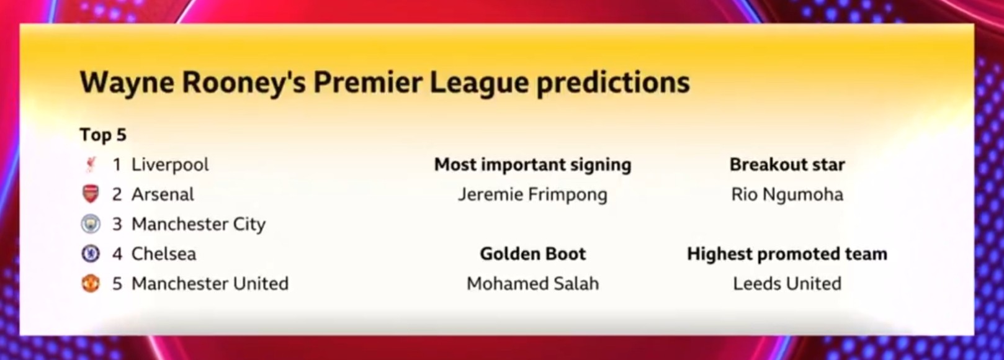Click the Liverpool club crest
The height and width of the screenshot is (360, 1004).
click(x=91, y=164)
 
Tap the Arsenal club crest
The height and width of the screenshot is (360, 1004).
click(x=91, y=194)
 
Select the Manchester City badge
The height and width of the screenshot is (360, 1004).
click(x=91, y=223)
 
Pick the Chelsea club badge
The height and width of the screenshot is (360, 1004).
click(x=91, y=254)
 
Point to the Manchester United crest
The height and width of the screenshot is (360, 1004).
click(x=91, y=283)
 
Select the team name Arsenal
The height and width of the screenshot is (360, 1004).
click(x=163, y=194)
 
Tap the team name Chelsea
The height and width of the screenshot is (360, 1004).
click(x=164, y=254)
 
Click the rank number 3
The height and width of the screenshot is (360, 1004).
click(x=117, y=224)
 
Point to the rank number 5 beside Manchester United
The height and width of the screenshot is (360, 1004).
click(x=117, y=284)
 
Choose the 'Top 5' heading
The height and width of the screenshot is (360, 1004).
click(x=103, y=135)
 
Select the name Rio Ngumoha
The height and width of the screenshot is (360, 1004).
click(x=787, y=195)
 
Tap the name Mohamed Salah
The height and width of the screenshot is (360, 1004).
click(x=532, y=284)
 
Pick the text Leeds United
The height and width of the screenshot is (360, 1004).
click(x=787, y=284)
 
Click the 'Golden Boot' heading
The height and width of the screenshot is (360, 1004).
click(x=532, y=254)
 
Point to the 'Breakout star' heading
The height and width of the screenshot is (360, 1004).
click(x=787, y=164)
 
